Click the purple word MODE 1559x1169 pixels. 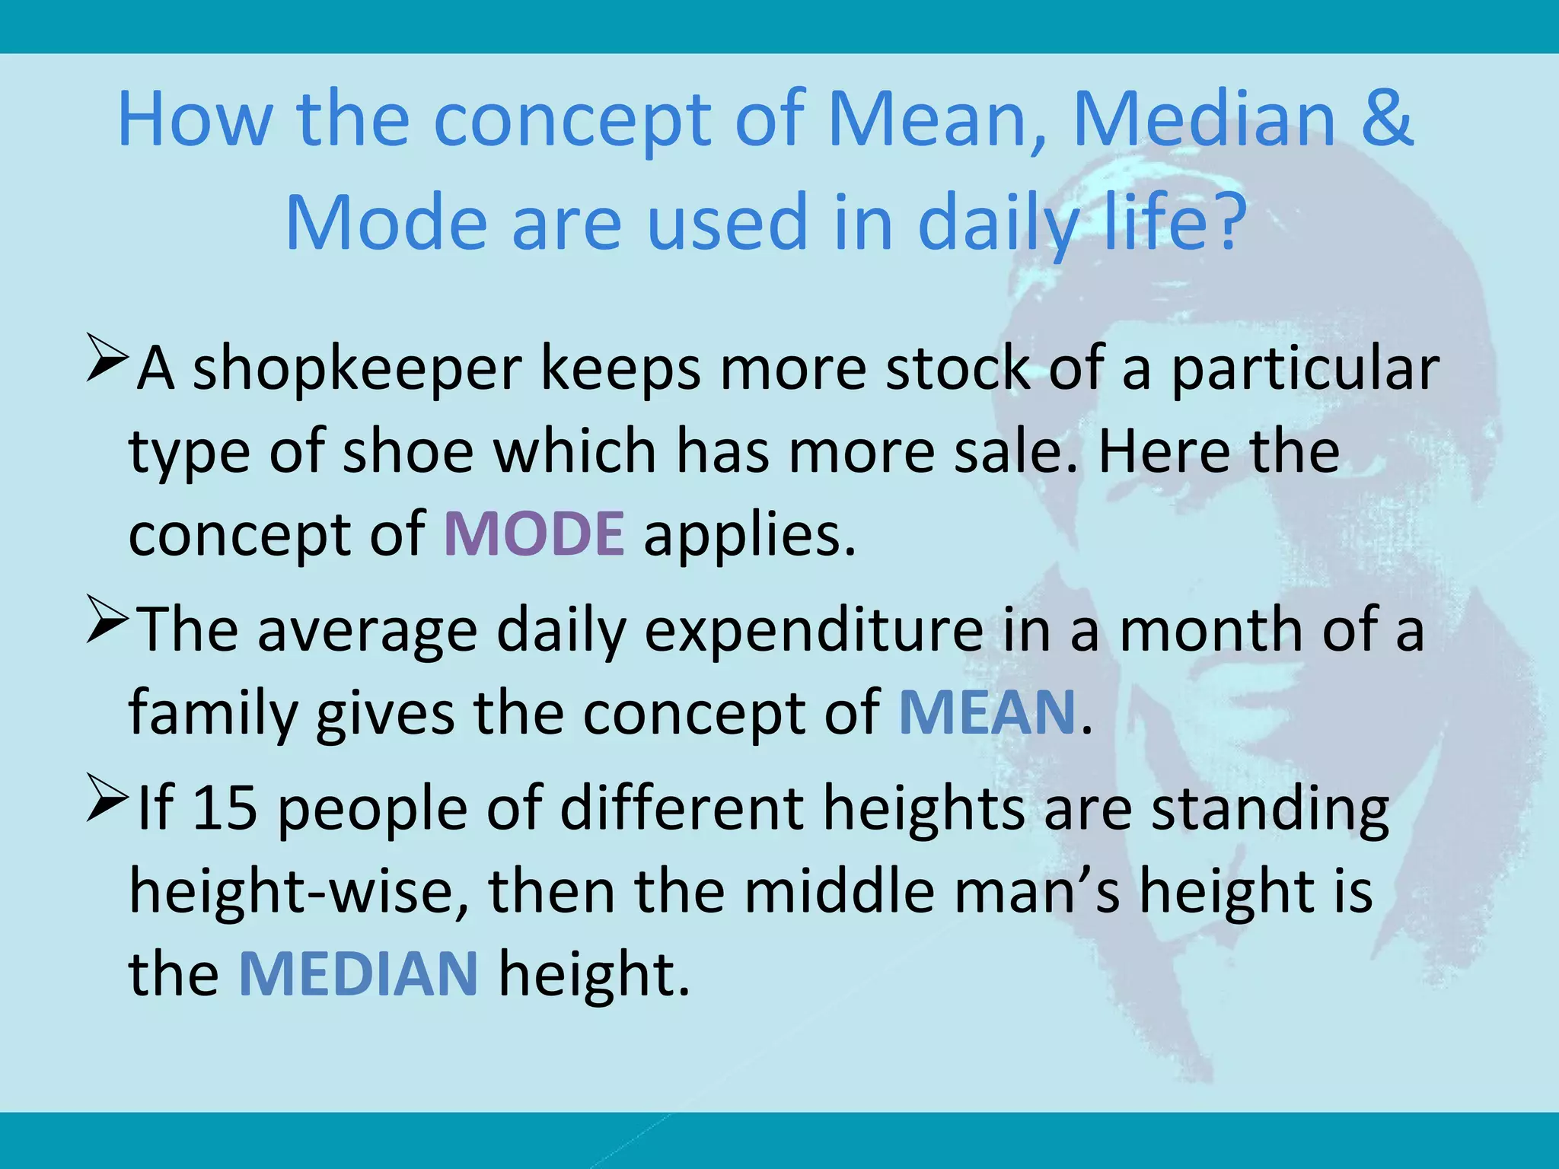click(x=534, y=534)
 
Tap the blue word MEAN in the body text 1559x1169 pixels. click(x=987, y=712)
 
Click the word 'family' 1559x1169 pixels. click(x=212, y=714)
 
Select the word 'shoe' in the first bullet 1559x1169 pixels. click(x=409, y=452)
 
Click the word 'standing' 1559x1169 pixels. click(x=1270, y=808)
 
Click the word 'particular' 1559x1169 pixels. click(x=1305, y=369)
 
